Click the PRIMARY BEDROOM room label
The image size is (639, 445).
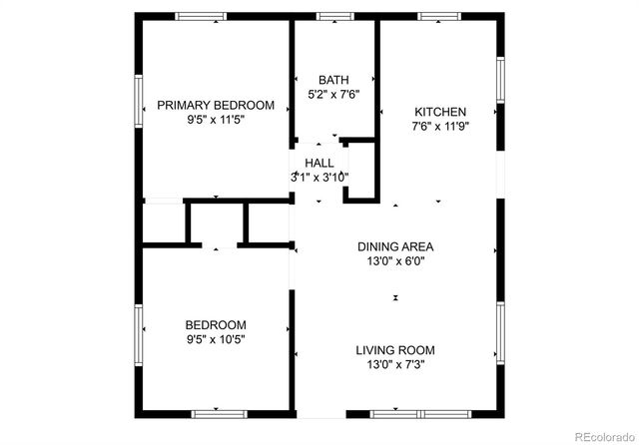216,105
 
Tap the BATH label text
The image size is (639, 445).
333,80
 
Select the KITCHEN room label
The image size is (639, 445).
440,112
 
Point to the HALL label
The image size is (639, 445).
319,163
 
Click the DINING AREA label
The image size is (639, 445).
396,246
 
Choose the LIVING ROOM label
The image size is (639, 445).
396,350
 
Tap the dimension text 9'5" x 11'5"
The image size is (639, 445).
216,119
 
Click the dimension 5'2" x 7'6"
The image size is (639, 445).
333,94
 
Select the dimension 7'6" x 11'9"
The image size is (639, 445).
440,126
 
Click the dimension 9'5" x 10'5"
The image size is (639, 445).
216,338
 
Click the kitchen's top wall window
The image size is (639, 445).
435,16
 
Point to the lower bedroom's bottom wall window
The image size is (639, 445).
219,412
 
